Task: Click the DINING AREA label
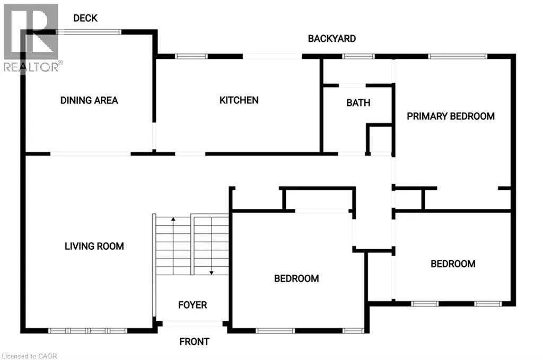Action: (89, 100)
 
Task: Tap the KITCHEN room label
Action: (239, 100)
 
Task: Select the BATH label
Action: (358, 103)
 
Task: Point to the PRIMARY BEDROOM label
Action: (451, 116)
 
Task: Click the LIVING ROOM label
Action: (94, 246)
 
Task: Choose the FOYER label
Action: (192, 305)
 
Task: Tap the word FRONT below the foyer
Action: (194, 341)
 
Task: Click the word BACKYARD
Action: (332, 38)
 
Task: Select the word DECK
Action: (85, 18)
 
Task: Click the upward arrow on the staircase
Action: (173, 219)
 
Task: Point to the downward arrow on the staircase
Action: (211, 272)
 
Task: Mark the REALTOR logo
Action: (31, 37)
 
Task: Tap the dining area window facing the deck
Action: (89, 32)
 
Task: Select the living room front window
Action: (88, 330)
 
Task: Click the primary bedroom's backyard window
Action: (458, 56)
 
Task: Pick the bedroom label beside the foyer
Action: (296, 278)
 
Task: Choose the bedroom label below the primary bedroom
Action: (453, 264)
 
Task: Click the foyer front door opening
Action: (192, 323)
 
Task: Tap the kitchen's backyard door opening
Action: (273, 56)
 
